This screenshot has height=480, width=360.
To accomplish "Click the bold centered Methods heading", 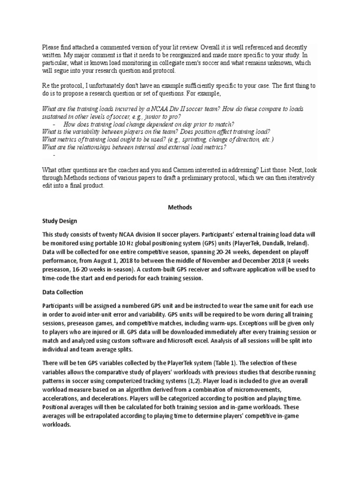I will tap(180, 207).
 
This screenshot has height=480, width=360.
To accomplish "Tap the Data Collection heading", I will tap(62, 292).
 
